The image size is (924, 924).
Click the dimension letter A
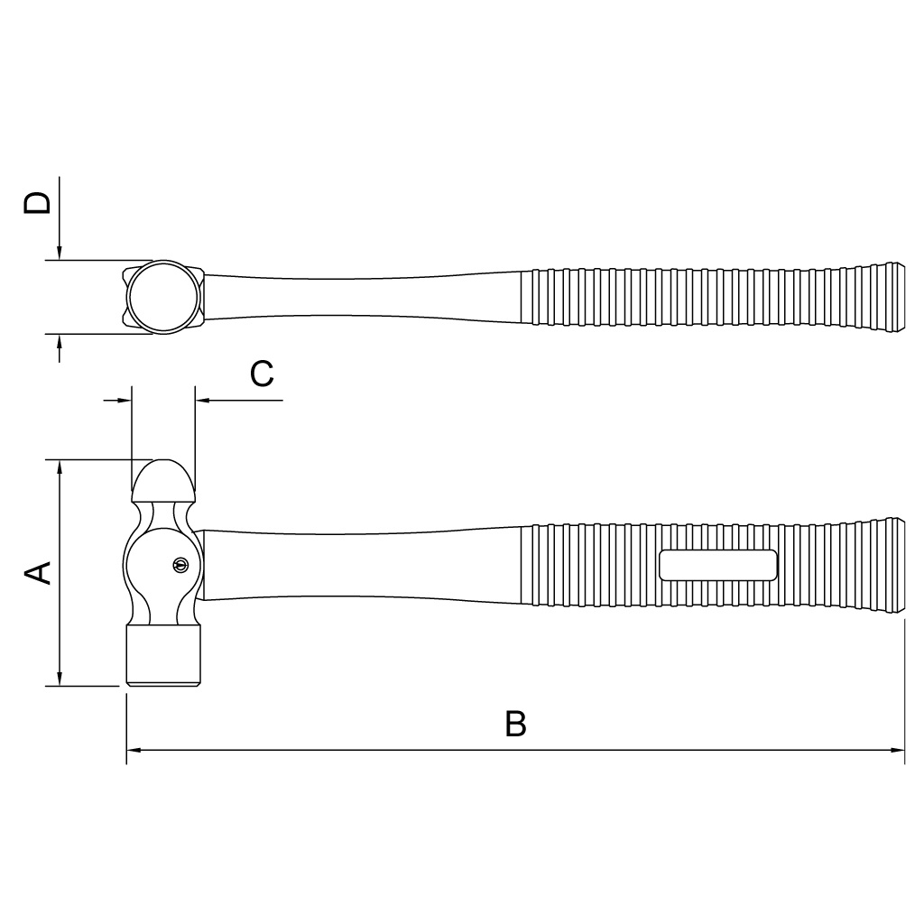coord(37,573)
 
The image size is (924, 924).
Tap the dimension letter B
coord(515,724)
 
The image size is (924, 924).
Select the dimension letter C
coord(262,373)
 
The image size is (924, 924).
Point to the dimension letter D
coord(37,203)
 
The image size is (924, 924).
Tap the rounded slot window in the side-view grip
coord(717,565)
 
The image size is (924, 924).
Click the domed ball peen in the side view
coord(163,479)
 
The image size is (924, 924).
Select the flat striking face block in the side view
coord(163,655)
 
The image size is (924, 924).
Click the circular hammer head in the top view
coord(163,297)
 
